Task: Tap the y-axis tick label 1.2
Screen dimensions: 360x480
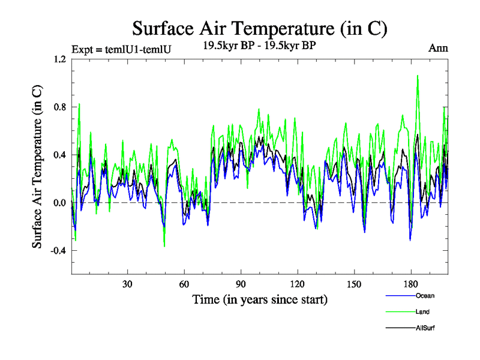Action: [x=58, y=59]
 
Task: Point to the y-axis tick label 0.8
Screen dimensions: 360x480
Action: [x=58, y=107]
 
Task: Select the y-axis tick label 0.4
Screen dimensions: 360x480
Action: [x=58, y=155]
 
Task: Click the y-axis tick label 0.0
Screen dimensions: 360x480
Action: [x=58, y=203]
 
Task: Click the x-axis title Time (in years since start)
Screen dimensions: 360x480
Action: [x=260, y=299]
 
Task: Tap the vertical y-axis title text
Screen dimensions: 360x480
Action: [x=37, y=167]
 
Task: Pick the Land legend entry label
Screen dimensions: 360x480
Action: [x=422, y=312]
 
